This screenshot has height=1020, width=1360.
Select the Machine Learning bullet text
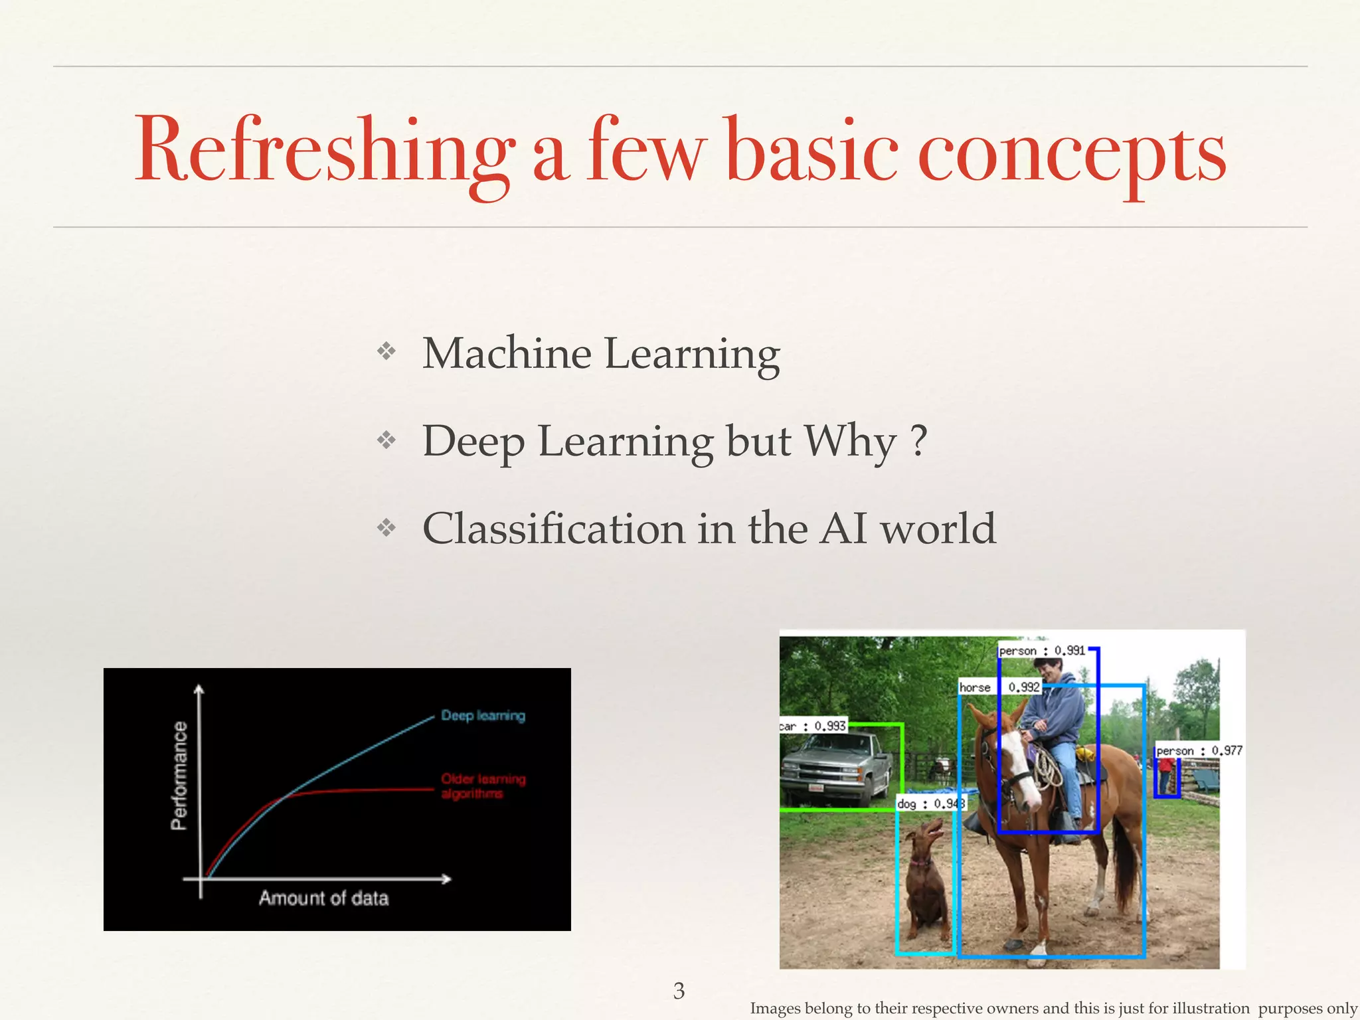tap(600, 353)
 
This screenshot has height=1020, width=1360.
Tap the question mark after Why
tap(919, 441)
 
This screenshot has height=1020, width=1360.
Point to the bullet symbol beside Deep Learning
tap(386, 440)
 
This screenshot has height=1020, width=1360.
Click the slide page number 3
tap(679, 991)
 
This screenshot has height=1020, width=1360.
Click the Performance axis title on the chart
tap(179, 776)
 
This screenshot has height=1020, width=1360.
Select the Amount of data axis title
tap(323, 898)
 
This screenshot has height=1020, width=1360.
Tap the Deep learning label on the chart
tap(483, 716)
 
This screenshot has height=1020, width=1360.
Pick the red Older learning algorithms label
tap(483, 786)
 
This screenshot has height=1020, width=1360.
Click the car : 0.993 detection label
tap(813, 726)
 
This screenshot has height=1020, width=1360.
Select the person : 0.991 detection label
tap(1042, 651)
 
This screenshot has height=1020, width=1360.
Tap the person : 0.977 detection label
tap(1199, 750)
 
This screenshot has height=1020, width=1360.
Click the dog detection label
tap(930, 804)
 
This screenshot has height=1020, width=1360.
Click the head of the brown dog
tap(930, 833)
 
